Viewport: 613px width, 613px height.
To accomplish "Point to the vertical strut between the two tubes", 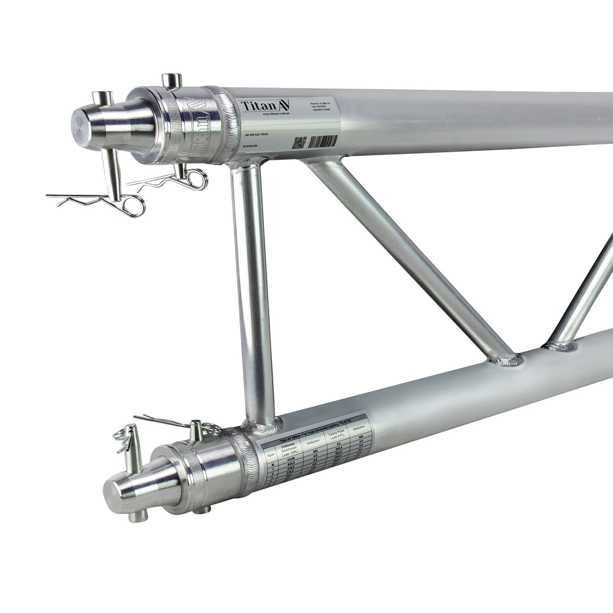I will click(250, 286).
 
